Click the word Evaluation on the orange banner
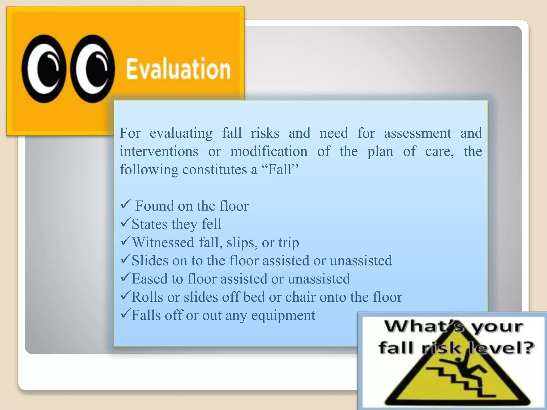178,69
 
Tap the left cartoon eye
44,69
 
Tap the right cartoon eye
92,69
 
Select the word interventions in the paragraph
159,151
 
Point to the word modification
269,151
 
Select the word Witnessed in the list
163,242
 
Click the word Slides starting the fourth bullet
150,261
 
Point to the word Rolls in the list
147,297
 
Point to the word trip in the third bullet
288,243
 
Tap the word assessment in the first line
417,133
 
